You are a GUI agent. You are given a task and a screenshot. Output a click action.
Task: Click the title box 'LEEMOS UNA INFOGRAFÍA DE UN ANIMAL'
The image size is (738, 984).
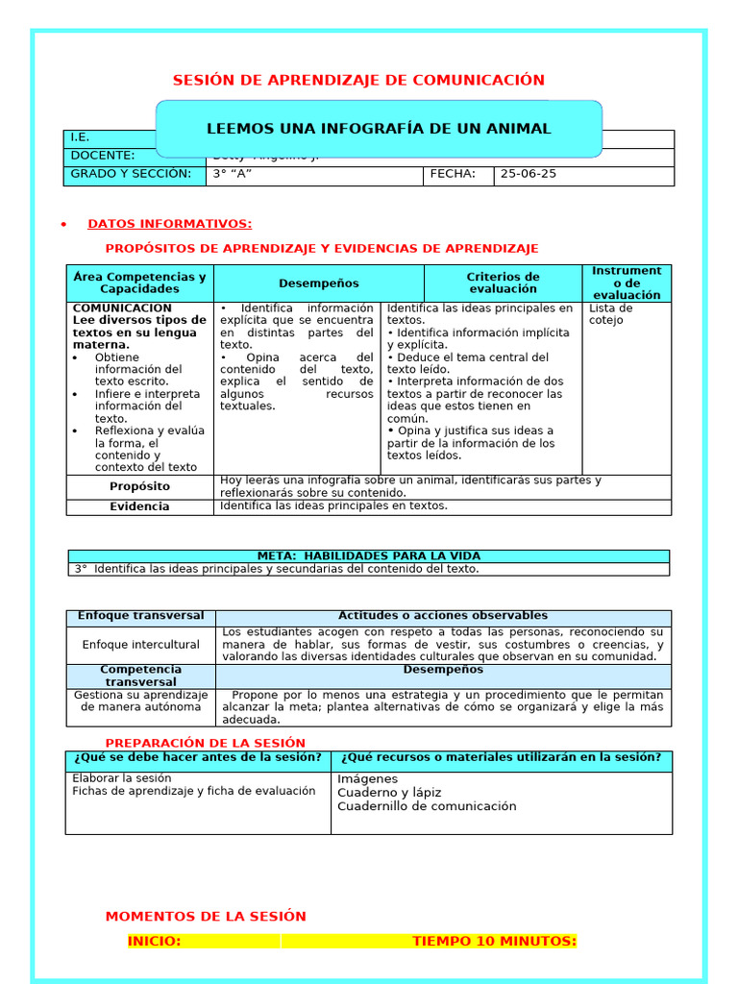(x=379, y=129)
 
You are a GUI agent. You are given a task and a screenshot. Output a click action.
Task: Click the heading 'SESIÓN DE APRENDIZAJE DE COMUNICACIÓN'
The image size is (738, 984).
(x=357, y=80)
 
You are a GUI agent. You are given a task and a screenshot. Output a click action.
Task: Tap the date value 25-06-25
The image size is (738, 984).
(x=529, y=174)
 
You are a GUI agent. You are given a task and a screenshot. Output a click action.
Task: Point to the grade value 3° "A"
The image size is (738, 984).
(x=236, y=174)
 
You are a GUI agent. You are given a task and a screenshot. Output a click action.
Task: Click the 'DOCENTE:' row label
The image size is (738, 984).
(x=103, y=156)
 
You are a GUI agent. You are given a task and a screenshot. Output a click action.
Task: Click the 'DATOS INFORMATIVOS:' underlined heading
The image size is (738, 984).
(x=170, y=224)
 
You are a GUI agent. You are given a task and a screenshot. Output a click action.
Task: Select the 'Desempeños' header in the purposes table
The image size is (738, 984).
(x=319, y=283)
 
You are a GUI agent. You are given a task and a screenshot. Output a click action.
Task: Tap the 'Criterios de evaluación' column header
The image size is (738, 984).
(x=504, y=283)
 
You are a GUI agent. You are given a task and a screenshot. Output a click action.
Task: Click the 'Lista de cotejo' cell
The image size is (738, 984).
(x=610, y=314)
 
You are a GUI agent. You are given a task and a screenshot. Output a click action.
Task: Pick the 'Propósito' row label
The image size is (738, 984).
(x=139, y=486)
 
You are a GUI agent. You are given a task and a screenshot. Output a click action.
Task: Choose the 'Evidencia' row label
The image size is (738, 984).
(x=139, y=506)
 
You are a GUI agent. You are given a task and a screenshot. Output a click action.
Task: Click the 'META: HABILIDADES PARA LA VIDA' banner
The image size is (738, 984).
(x=369, y=555)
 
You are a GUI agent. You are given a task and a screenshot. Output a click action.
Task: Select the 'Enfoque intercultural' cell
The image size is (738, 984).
(x=141, y=645)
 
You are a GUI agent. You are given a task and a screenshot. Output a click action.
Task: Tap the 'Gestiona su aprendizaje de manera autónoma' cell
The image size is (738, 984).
(x=141, y=701)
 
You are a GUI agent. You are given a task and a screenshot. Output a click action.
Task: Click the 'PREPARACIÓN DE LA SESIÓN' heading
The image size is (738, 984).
(x=205, y=743)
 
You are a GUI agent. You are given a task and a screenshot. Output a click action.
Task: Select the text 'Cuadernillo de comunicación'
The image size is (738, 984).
(x=427, y=806)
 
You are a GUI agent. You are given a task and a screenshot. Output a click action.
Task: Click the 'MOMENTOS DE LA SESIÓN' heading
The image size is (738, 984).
(x=206, y=917)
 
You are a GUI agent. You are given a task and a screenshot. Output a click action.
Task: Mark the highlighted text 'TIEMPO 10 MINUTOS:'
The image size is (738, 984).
(x=494, y=942)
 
